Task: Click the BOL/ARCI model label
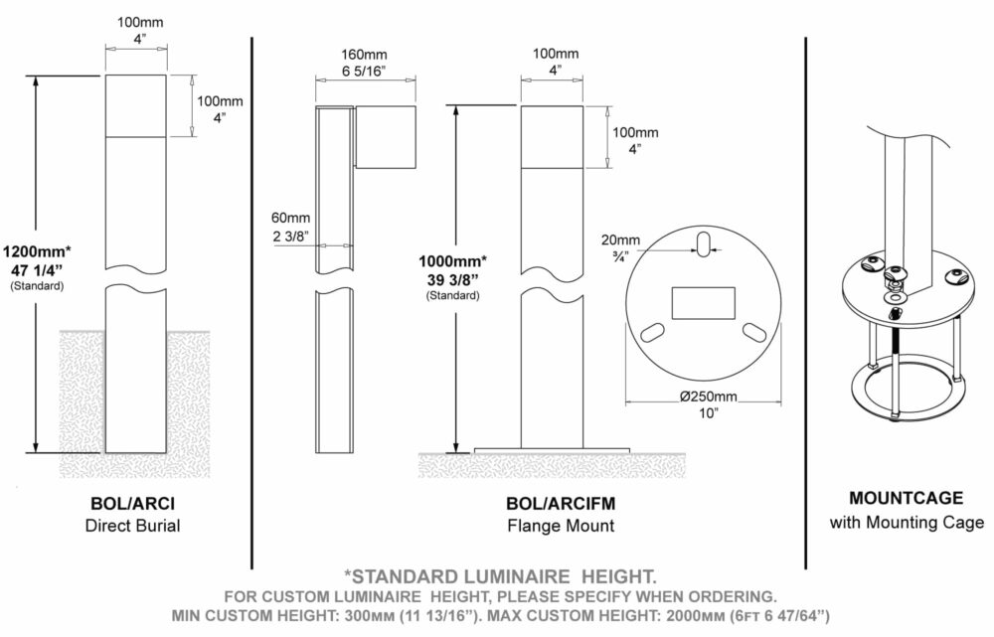point(132,503)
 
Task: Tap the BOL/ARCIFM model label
point(561,503)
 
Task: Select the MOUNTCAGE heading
point(906,498)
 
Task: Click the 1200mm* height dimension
point(37,250)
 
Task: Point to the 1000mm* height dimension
point(452,260)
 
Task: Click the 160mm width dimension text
point(364,55)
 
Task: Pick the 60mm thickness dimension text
point(291,218)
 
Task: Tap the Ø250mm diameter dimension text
point(708,397)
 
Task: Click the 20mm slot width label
point(620,240)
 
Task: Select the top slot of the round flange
point(703,244)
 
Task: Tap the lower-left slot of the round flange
point(654,333)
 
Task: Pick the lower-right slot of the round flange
point(753,333)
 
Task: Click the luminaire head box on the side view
point(386,137)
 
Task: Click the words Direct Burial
point(132,526)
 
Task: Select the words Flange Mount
point(561,526)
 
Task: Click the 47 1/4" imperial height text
point(37,269)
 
